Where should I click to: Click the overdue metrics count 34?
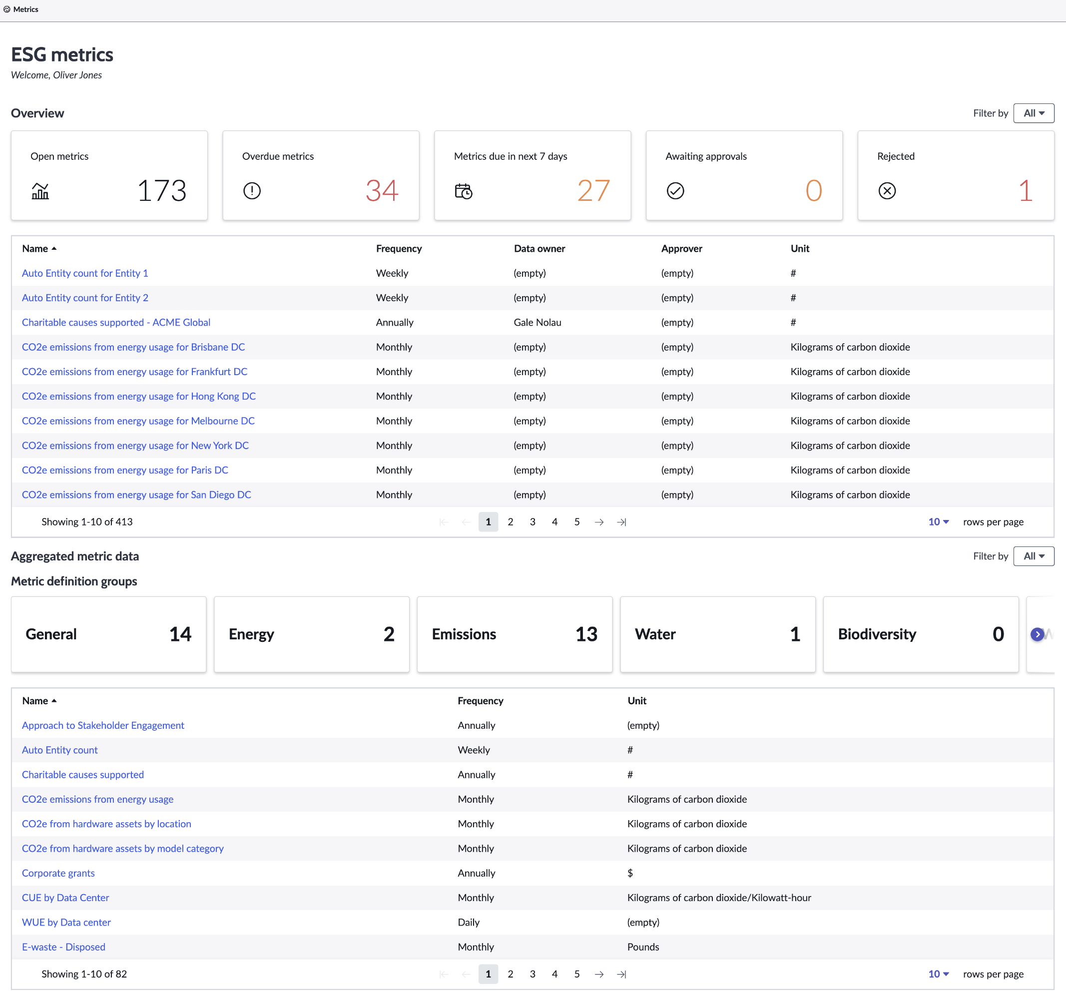382,190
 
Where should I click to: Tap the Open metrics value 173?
162,190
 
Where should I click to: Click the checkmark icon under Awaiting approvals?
675,191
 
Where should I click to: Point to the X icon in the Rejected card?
887,191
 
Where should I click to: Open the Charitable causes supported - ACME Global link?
116,322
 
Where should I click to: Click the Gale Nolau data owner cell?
537,322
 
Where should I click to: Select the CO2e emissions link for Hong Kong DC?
139,396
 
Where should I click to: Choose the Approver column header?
681,249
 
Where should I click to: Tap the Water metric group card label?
655,634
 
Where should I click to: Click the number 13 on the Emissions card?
586,634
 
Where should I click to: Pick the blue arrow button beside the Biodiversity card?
1038,634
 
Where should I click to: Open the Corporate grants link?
58,873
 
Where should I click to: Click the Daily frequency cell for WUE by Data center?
469,922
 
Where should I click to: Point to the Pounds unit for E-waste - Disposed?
643,947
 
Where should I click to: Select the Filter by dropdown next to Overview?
1034,113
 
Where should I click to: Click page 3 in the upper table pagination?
533,521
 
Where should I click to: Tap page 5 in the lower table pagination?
577,974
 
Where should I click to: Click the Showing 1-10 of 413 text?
87,521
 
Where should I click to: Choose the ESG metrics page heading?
62,54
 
